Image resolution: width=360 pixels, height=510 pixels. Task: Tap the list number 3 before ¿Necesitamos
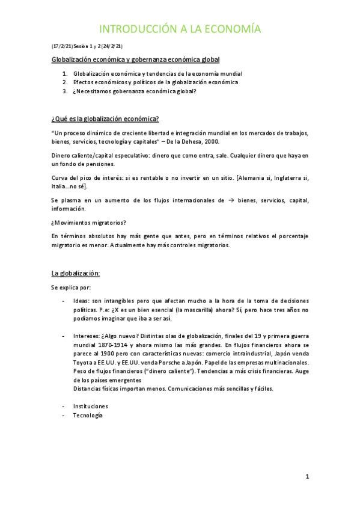point(65,91)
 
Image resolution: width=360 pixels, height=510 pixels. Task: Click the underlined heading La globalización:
point(76,273)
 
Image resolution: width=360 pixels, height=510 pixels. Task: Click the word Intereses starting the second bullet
point(88,336)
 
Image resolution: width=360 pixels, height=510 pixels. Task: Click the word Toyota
point(85,363)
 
